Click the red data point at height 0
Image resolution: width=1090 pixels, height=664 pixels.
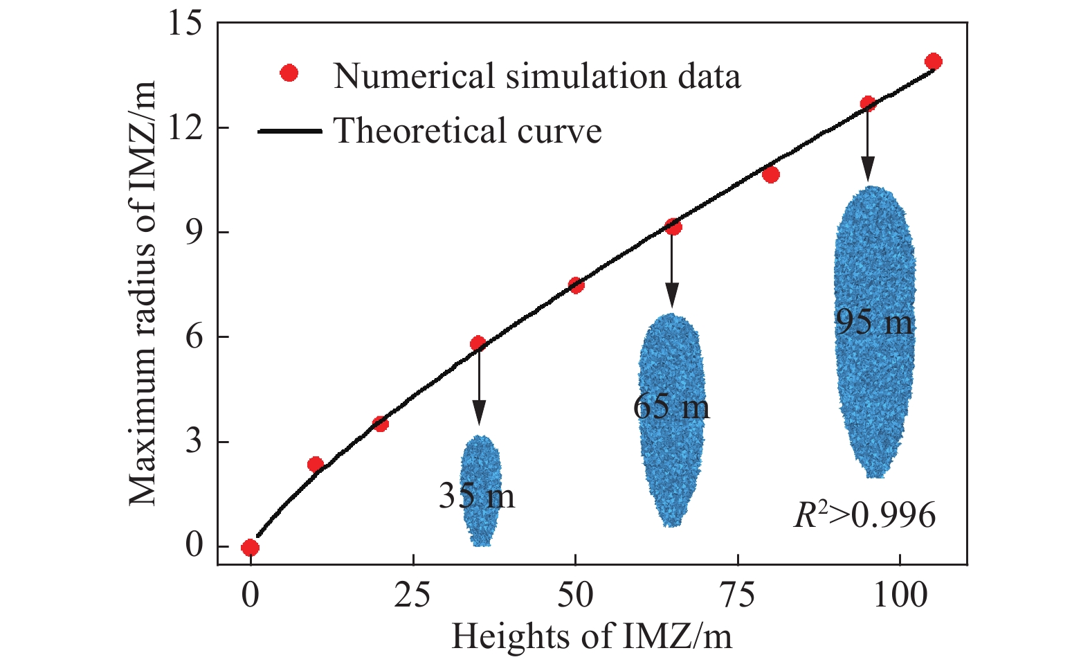[x=251, y=548]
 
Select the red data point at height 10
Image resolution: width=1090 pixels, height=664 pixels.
[x=316, y=465]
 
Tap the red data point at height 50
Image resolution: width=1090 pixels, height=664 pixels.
[x=576, y=285]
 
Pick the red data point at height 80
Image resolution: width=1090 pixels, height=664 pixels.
[x=771, y=174]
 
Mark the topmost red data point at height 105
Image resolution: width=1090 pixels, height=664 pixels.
[x=934, y=62]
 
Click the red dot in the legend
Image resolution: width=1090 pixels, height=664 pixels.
[x=289, y=73]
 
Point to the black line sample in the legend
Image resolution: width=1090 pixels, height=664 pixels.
[x=289, y=131]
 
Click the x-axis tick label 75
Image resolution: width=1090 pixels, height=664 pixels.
[x=738, y=595]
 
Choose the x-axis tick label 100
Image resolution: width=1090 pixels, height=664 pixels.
[x=900, y=595]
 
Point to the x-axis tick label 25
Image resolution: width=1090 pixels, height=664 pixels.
[x=413, y=595]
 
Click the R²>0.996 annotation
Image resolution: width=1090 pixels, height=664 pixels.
[x=864, y=515]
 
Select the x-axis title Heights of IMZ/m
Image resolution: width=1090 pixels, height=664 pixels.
[x=591, y=636]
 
